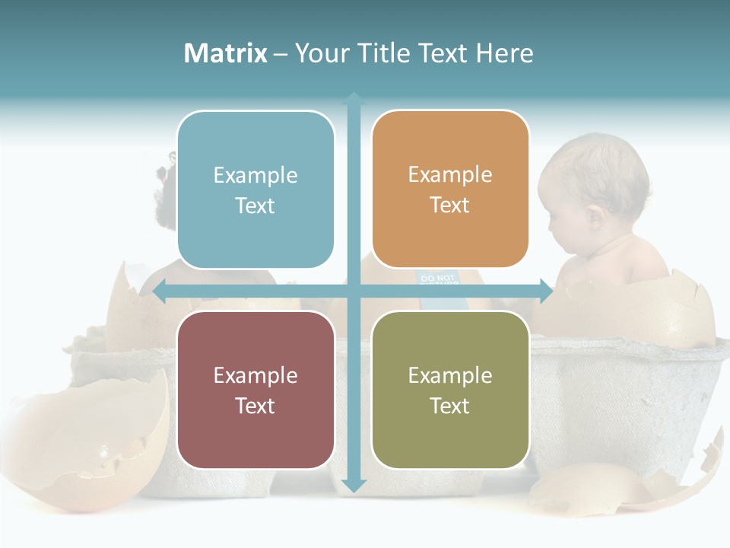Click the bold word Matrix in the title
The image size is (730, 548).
226,53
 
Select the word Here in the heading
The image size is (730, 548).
504,53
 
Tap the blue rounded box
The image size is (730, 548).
255,190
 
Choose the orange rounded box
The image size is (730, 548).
450,190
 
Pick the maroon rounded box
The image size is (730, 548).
255,390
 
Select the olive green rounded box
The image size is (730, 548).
450,390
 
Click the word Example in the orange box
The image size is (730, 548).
450,175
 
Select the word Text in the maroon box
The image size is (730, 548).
255,406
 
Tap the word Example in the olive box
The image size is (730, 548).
450,375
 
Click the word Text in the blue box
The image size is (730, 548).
255,205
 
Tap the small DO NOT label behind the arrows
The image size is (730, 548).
437,279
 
